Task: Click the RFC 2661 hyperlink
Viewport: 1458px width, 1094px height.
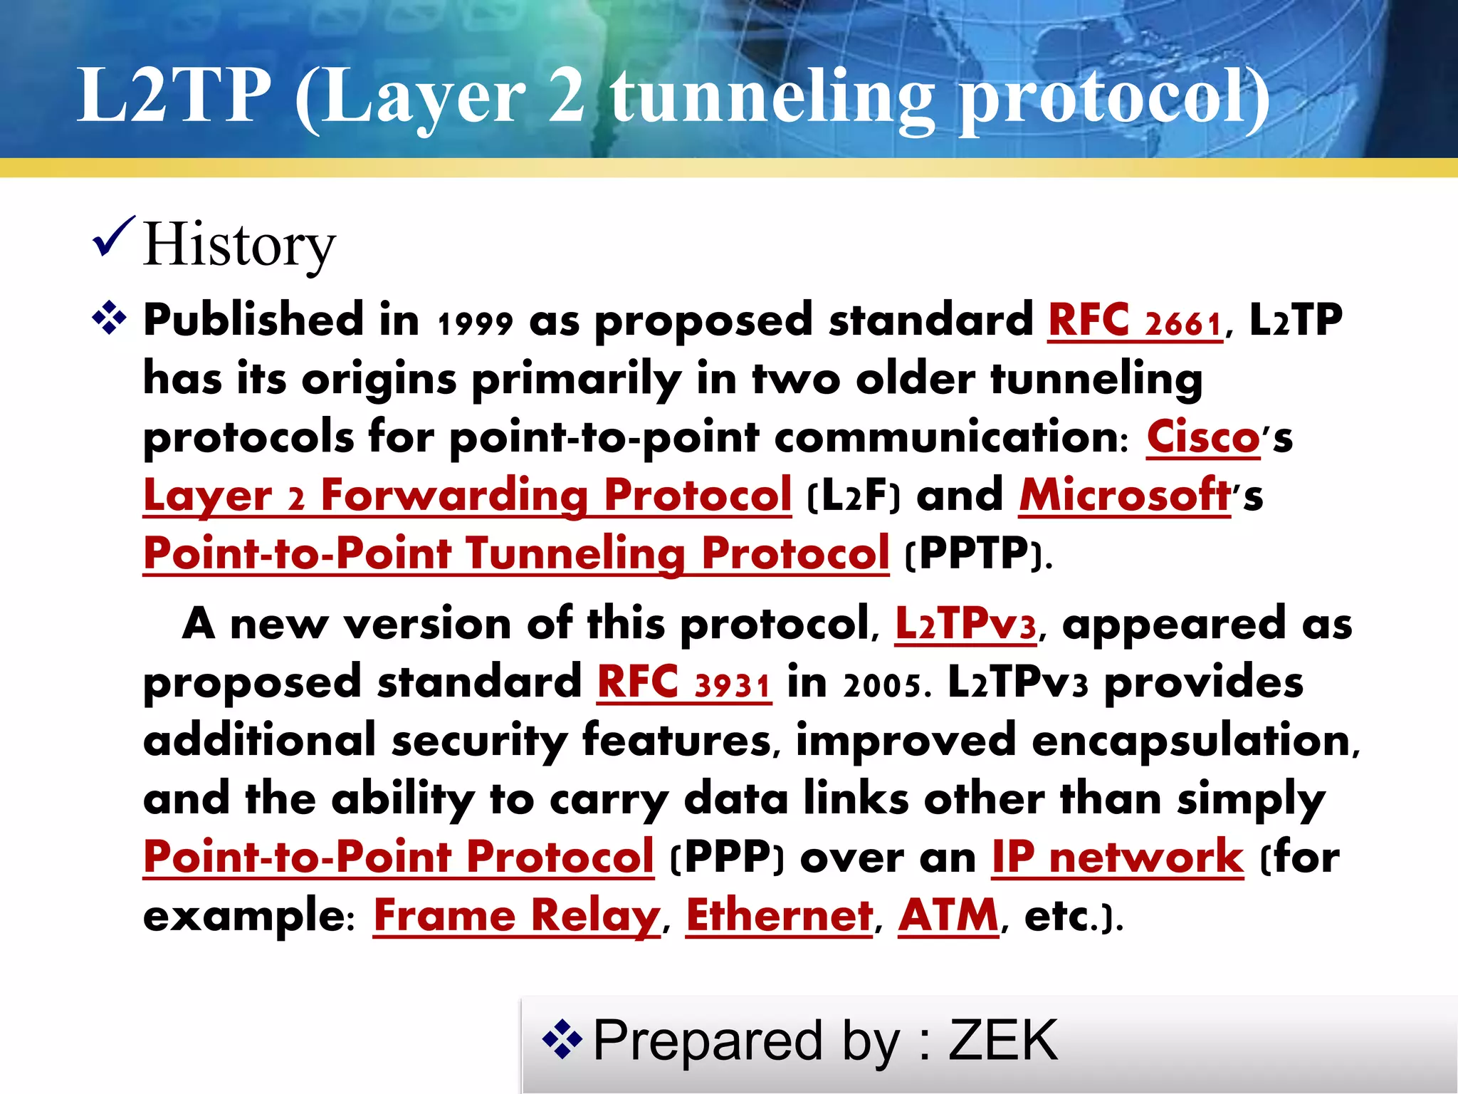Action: click(x=1135, y=321)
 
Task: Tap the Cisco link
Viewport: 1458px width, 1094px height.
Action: click(x=1202, y=437)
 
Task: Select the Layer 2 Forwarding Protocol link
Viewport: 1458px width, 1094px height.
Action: click(x=467, y=496)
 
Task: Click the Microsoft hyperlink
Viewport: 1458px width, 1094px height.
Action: click(x=1125, y=496)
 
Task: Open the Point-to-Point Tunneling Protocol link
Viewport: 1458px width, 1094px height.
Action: click(x=515, y=554)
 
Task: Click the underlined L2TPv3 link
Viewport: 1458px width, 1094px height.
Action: click(x=965, y=625)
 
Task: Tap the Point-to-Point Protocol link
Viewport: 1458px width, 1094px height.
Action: click(x=398, y=858)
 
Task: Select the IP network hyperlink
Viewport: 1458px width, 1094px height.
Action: click(x=1118, y=858)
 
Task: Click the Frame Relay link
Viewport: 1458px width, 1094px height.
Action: click(x=517, y=917)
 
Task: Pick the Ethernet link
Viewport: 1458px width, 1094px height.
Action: click(x=779, y=917)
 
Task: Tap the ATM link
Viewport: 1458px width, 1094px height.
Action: click(x=948, y=917)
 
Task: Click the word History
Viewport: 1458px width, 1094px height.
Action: click(x=238, y=246)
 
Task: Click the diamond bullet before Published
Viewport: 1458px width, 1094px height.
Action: click(x=109, y=318)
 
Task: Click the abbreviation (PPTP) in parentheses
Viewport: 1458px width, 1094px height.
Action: click(x=977, y=554)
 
